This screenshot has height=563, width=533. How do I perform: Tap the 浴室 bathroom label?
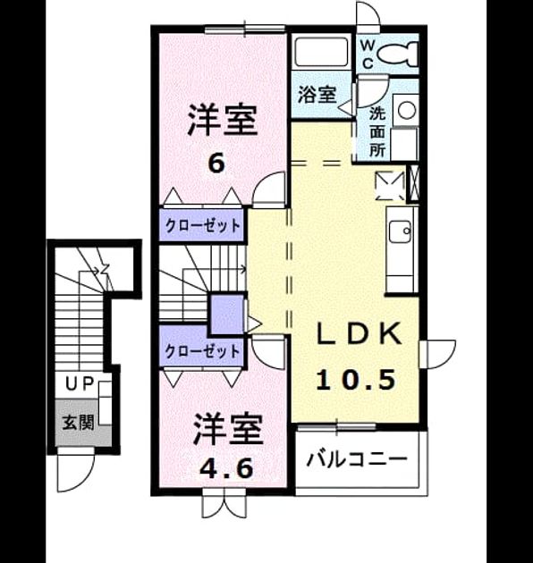pyautogui.click(x=317, y=95)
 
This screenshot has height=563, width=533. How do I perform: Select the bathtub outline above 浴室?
pyautogui.click(x=321, y=52)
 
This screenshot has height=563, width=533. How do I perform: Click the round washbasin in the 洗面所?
pyautogui.click(x=407, y=110)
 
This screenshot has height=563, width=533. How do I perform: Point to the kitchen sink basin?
pyautogui.click(x=400, y=231)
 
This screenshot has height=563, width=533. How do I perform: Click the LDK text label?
pyautogui.click(x=359, y=334)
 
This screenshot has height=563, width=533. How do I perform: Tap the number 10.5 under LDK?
pyautogui.click(x=356, y=380)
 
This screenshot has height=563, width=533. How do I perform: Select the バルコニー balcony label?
pyautogui.click(x=357, y=459)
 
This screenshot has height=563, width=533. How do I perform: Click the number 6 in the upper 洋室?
pyautogui.click(x=216, y=164)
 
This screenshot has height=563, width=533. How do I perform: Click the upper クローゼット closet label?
pyautogui.click(x=202, y=226)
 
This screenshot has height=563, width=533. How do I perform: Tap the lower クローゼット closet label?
pyautogui.click(x=202, y=351)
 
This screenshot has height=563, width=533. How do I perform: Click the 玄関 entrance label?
pyautogui.click(x=78, y=422)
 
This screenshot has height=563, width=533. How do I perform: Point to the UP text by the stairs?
pyautogui.click(x=80, y=383)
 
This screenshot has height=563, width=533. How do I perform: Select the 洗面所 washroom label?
pyautogui.click(x=377, y=132)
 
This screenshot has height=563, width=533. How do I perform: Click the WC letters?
pyautogui.click(x=368, y=55)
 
